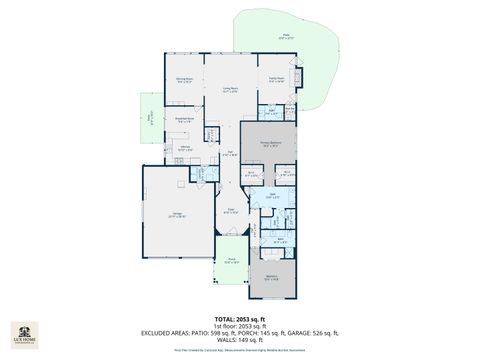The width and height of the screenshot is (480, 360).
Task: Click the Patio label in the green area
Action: (x=285, y=36)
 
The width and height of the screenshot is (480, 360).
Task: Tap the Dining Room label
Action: (x=184, y=80)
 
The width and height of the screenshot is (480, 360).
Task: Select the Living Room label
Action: (x=229, y=90)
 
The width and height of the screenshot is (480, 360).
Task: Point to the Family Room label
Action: (x=276, y=80)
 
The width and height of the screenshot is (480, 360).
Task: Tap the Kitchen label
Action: (x=185, y=148)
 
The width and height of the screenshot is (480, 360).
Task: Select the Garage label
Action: (x=176, y=215)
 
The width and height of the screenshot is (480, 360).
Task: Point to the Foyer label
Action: (x=229, y=211)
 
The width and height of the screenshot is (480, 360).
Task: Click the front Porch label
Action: (x=230, y=262)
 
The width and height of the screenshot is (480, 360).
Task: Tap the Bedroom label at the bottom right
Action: (x=272, y=279)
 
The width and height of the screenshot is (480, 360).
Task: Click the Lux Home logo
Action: (x=24, y=334)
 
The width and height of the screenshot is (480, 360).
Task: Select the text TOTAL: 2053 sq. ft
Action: (x=239, y=317)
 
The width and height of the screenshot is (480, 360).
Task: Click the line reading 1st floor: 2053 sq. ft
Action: (x=239, y=325)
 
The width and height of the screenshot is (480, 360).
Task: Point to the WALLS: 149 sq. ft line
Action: (x=239, y=341)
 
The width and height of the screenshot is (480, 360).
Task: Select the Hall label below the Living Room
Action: (x=229, y=153)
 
